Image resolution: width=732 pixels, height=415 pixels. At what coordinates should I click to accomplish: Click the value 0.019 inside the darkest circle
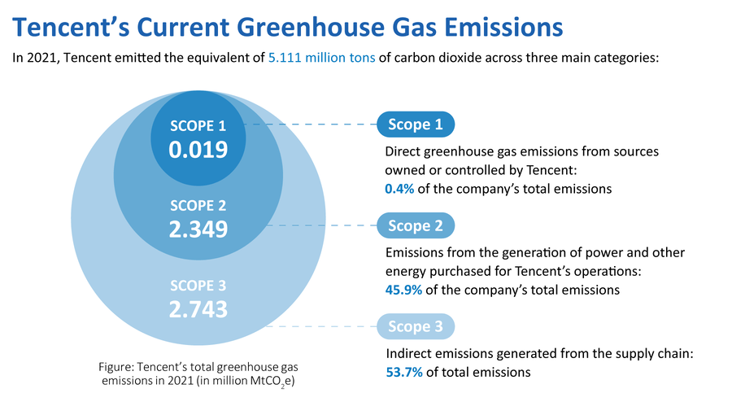(198, 150)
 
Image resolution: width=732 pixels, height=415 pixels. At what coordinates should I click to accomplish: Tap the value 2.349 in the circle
(198, 229)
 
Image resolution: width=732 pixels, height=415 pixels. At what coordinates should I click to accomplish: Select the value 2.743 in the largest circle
(198, 309)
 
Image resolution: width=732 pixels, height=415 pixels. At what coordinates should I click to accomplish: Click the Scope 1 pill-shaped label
(416, 124)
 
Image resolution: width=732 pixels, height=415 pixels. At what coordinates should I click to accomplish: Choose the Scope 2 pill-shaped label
(416, 225)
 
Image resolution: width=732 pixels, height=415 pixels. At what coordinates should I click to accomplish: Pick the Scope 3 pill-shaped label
(416, 326)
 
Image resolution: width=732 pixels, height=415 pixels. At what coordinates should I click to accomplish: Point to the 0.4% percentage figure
(399, 189)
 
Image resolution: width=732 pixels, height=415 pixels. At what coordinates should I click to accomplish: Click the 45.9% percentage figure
(403, 290)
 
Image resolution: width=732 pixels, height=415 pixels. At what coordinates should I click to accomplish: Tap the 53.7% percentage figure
(403, 373)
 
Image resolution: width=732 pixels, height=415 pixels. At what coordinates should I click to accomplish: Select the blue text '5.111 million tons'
(321, 59)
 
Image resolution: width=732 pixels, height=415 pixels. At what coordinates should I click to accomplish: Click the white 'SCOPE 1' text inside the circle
(198, 125)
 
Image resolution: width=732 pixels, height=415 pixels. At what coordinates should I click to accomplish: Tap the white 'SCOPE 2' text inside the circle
(198, 205)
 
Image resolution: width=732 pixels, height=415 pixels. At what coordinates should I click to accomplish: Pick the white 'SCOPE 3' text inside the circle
(198, 286)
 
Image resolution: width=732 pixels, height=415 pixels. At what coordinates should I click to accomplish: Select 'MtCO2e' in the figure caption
(273, 382)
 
